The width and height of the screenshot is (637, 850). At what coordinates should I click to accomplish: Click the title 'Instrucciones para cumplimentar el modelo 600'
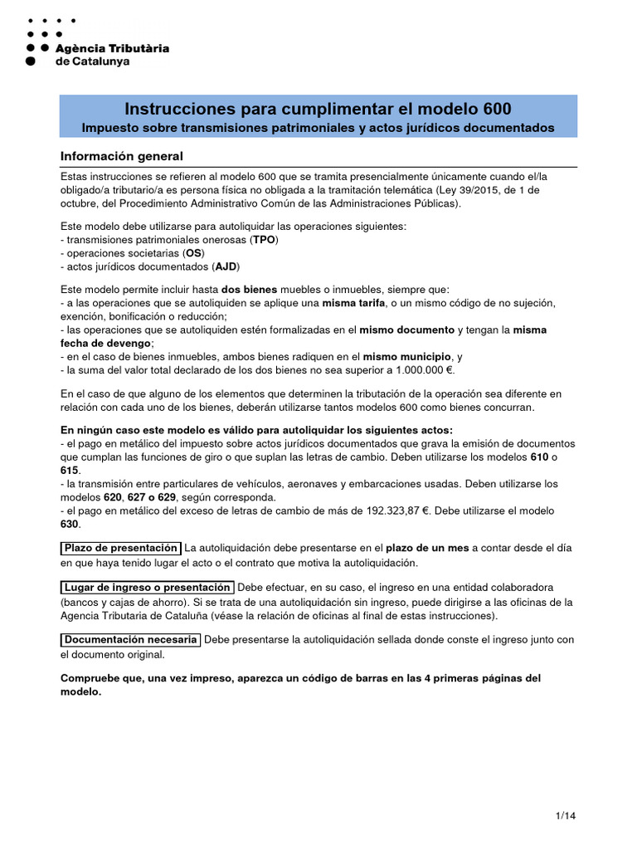click(318, 109)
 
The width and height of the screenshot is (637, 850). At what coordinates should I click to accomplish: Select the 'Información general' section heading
click(122, 156)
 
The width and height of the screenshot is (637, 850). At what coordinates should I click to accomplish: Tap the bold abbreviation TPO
click(265, 239)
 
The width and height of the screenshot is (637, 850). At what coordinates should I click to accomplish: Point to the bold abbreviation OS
click(193, 252)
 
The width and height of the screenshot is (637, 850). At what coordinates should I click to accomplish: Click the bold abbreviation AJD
click(226, 266)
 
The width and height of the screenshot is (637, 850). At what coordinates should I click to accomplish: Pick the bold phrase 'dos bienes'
click(249, 289)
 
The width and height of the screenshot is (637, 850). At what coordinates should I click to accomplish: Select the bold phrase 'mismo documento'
click(407, 330)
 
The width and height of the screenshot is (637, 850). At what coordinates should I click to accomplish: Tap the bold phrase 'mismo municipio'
click(410, 356)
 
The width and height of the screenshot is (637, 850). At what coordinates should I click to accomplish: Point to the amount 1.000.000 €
click(424, 369)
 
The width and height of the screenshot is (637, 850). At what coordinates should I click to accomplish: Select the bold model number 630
click(71, 524)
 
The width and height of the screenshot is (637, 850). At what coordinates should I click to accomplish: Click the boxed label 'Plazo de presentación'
click(121, 548)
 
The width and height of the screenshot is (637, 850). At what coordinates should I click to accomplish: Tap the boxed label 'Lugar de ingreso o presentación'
click(148, 587)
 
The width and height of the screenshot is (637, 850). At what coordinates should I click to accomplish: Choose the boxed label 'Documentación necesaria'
click(131, 639)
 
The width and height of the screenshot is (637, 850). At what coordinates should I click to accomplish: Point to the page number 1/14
click(565, 816)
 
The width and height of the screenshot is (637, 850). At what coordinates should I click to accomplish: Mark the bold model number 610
click(540, 457)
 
